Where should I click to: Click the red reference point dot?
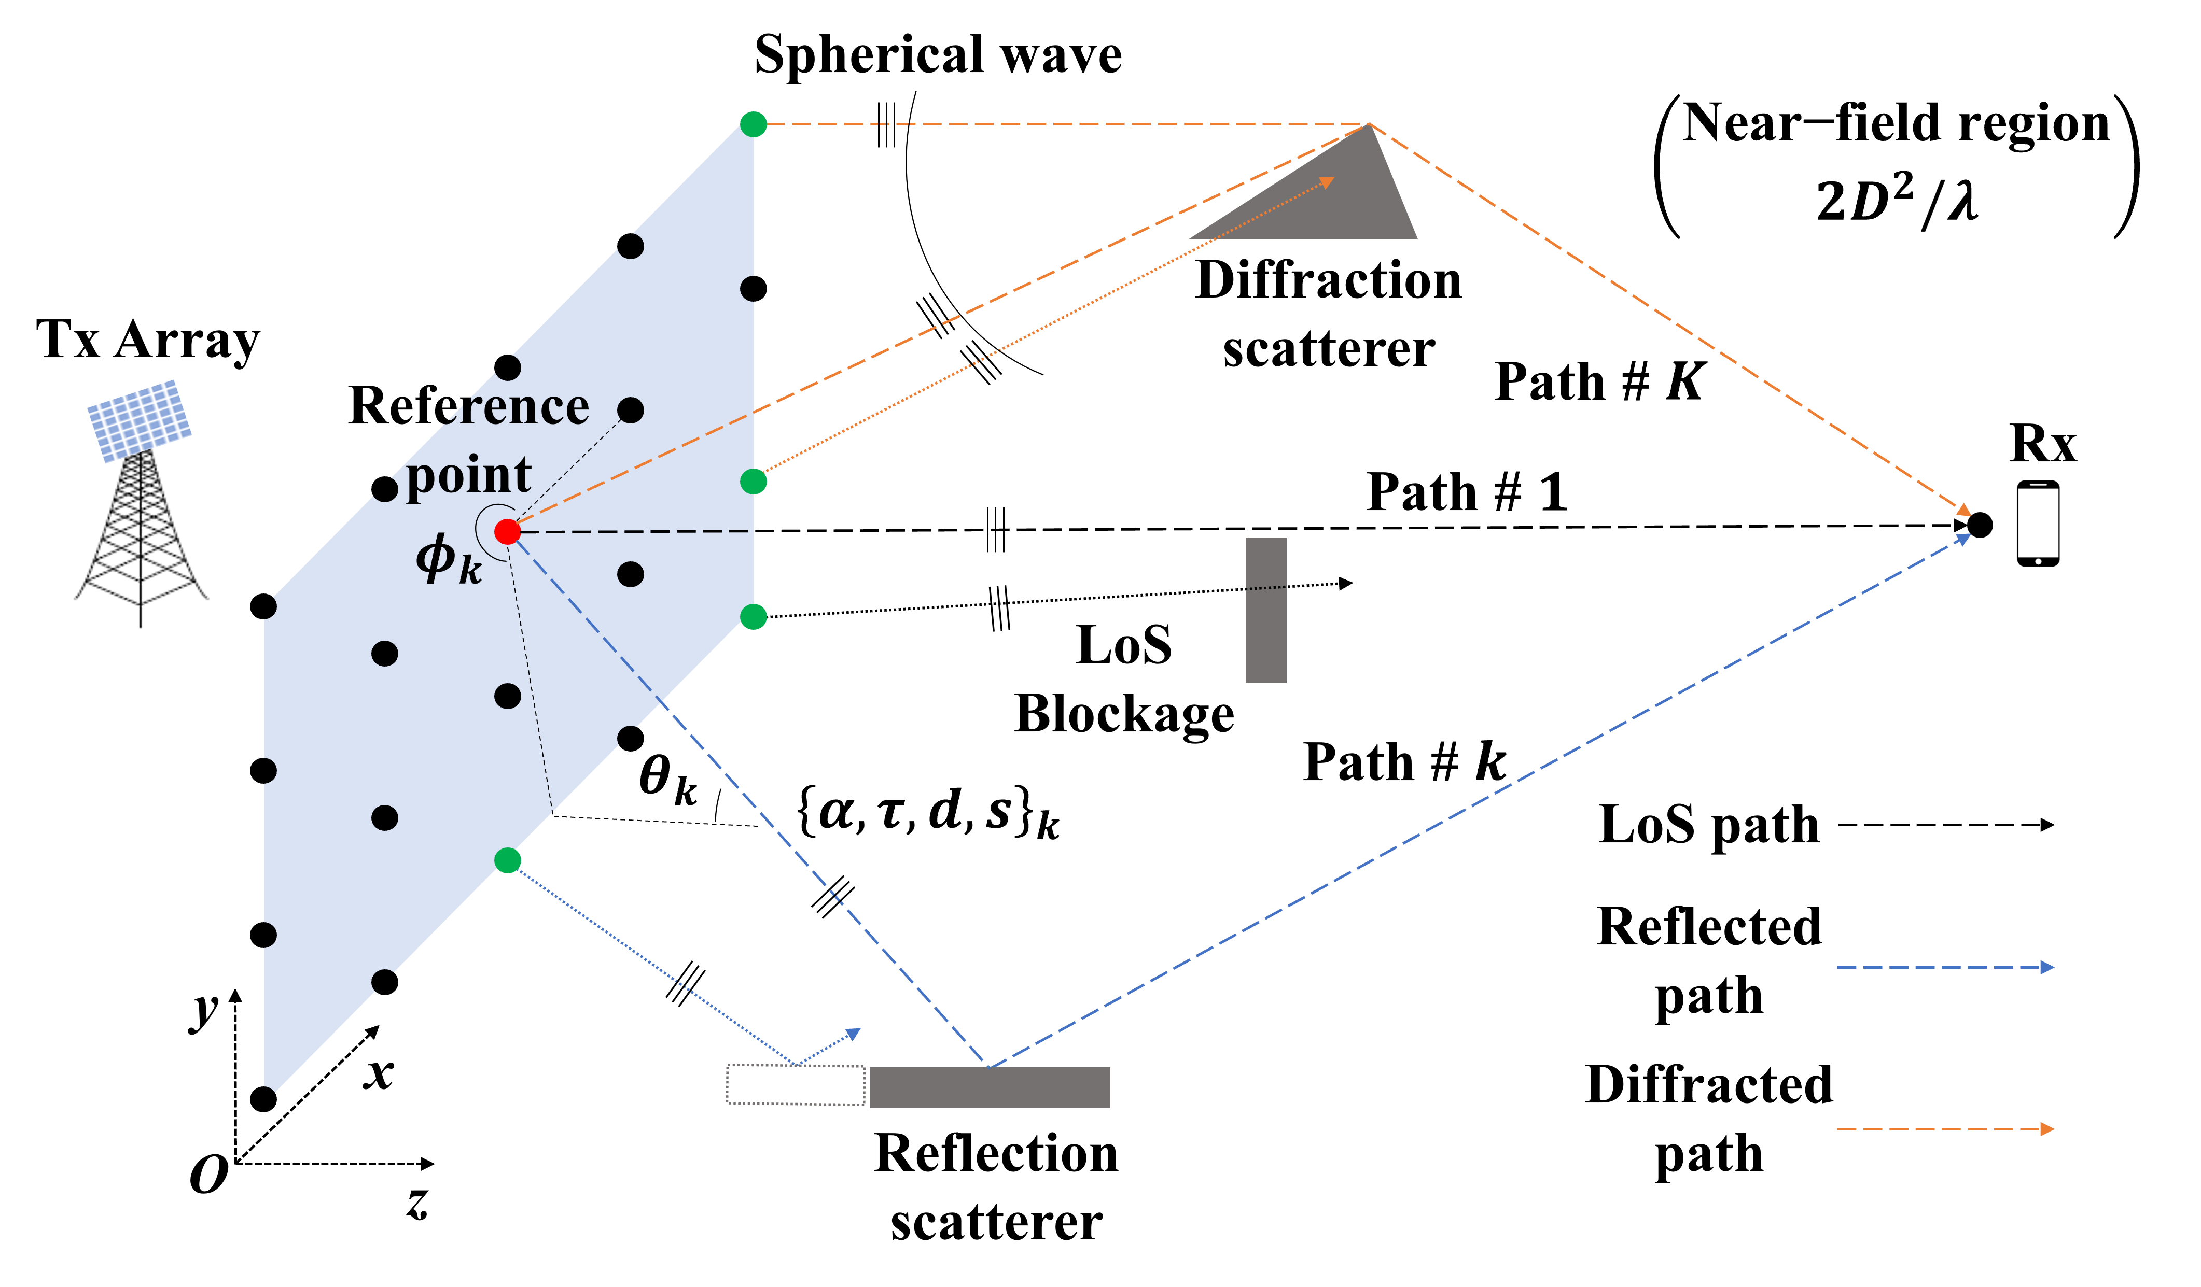pos(507,531)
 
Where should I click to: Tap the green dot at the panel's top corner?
pos(753,124)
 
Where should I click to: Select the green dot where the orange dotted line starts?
pos(753,481)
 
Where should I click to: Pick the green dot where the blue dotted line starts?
pos(507,860)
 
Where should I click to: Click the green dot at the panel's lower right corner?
pos(753,616)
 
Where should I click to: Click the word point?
pos(468,476)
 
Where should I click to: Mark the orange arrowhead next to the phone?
pos(1963,510)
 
